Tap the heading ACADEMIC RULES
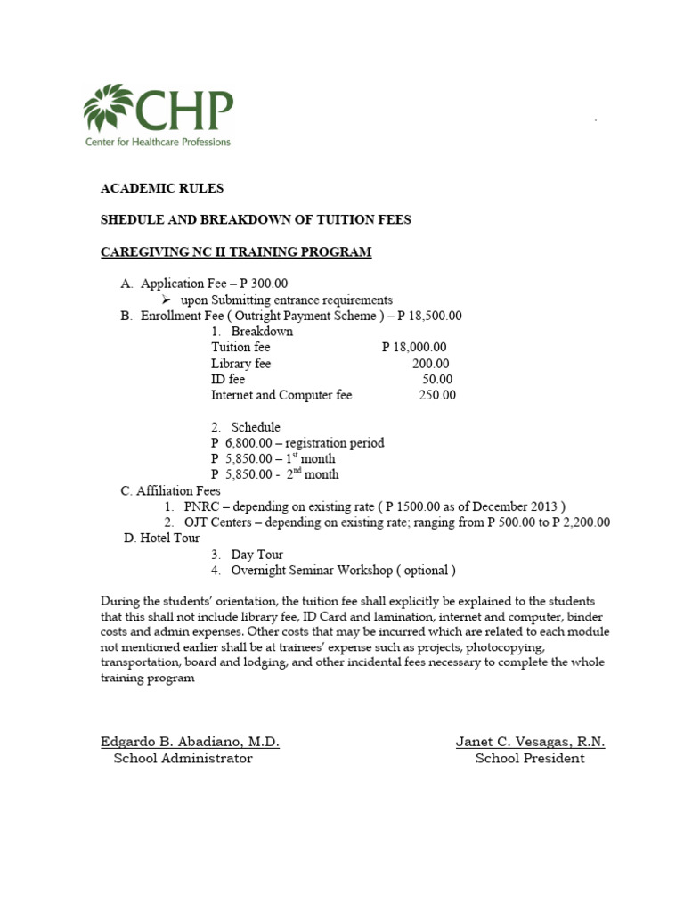[x=161, y=188]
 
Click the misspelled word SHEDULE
[x=129, y=220]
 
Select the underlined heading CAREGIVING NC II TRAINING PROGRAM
[x=235, y=252]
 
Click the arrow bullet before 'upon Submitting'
[x=166, y=300]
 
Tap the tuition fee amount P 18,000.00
[x=414, y=347]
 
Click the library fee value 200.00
[x=431, y=364]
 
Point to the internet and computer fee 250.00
[x=437, y=395]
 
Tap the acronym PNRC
[x=200, y=506]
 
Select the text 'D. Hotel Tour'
[x=161, y=539]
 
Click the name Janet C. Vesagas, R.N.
[x=530, y=742]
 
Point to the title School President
[x=530, y=759]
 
